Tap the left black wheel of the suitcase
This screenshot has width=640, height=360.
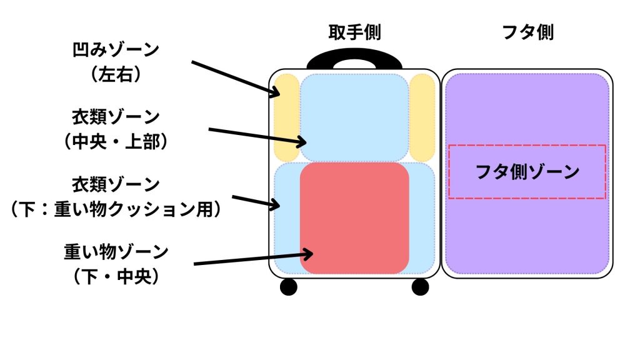(x=288, y=287)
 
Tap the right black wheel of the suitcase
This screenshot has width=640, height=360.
(x=421, y=287)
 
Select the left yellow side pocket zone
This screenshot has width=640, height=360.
(x=287, y=117)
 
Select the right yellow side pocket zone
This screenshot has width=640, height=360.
(x=422, y=117)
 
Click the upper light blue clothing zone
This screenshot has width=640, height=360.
(x=354, y=117)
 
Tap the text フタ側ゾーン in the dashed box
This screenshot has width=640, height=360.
(x=527, y=172)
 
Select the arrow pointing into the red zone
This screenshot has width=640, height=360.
(x=253, y=259)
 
